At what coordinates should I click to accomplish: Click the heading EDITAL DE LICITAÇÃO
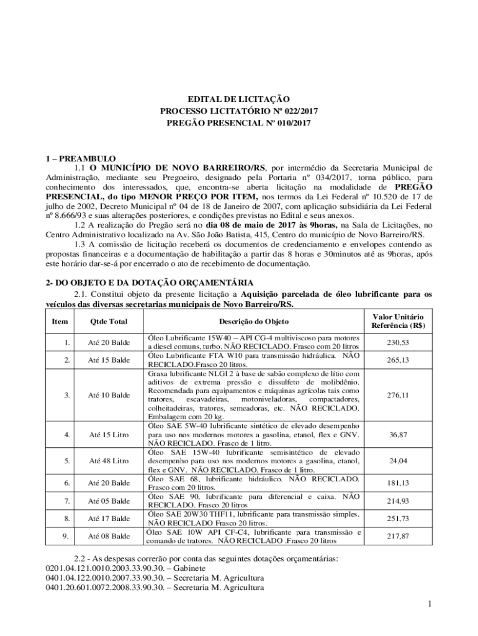239,99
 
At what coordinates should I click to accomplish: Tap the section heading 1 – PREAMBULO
81,158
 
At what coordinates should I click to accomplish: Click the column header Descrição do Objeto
253,321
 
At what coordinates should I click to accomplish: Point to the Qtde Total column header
109,321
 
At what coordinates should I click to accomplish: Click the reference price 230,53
398,342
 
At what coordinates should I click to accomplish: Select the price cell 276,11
398,395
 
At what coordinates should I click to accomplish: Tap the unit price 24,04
398,461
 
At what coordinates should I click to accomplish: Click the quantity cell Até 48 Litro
109,461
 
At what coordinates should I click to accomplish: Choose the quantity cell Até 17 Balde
109,518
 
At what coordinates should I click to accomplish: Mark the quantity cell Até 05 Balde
109,501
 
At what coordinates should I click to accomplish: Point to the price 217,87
398,535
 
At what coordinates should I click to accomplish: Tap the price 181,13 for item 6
398,483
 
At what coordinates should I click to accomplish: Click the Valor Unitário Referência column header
398,321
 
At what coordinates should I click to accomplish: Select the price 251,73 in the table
398,518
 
